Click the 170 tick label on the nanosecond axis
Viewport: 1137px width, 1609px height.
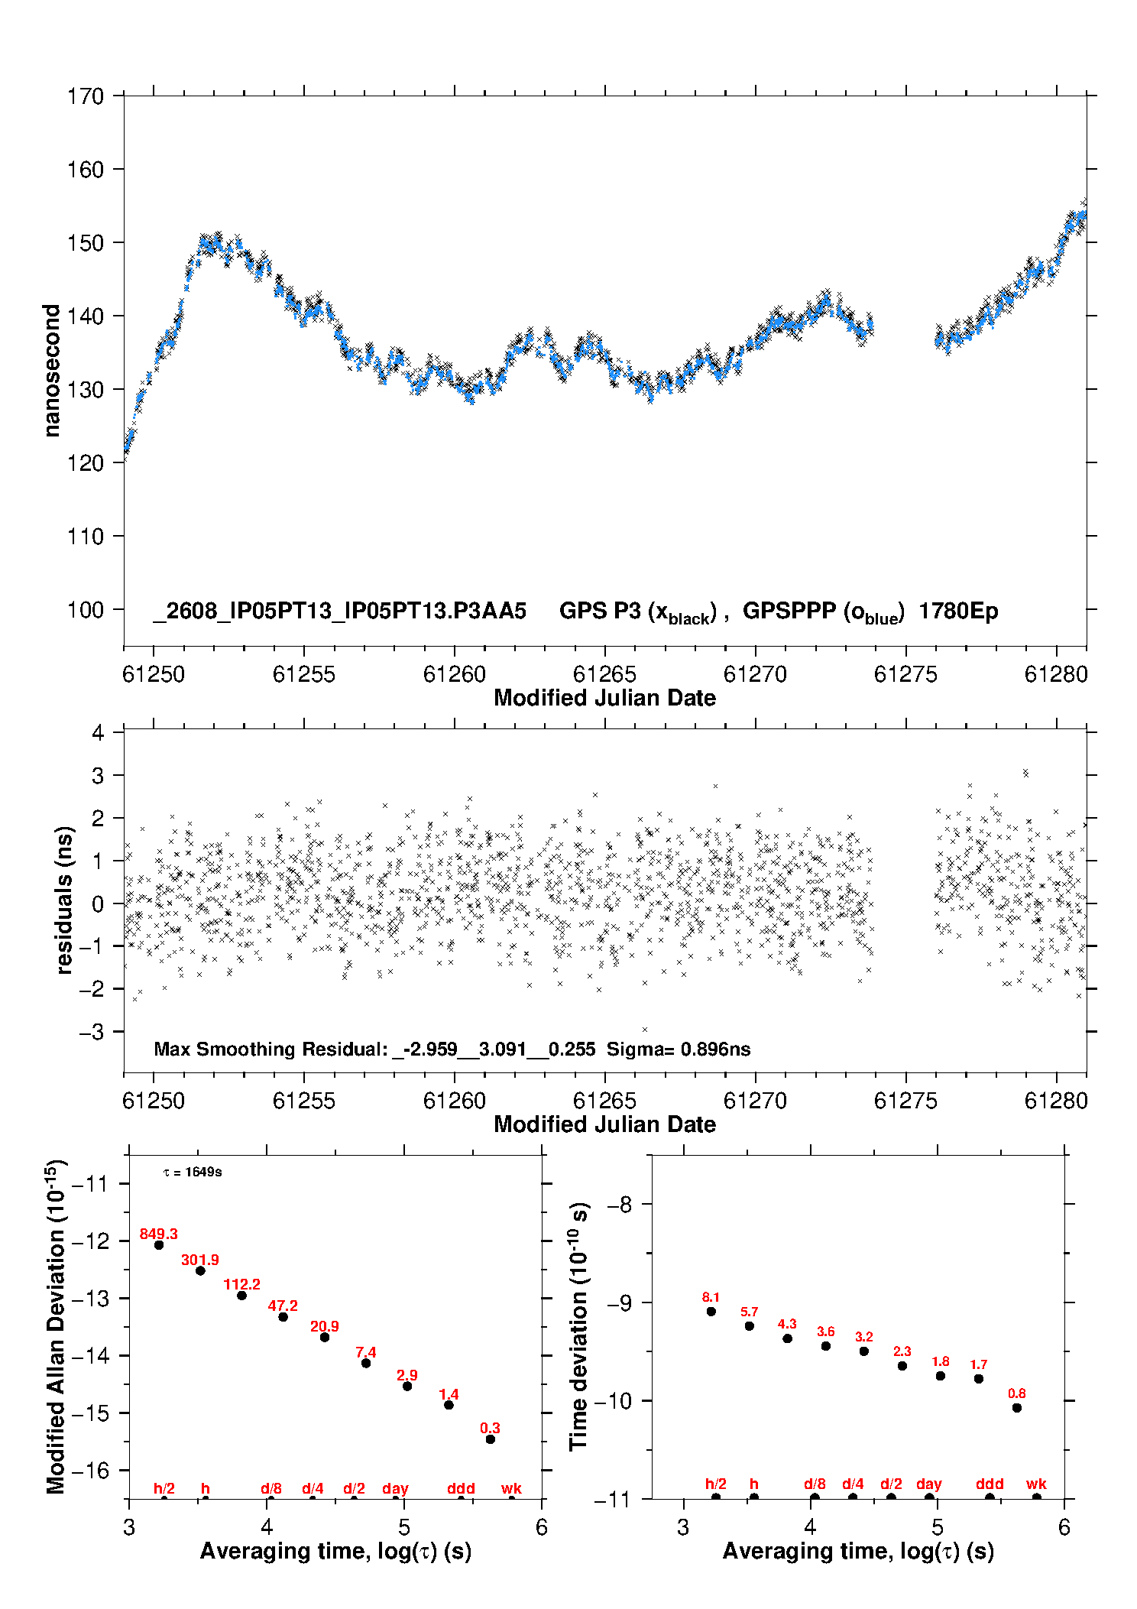(x=85, y=96)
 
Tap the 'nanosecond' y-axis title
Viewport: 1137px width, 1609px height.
(x=51, y=370)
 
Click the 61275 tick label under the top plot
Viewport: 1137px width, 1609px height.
(x=905, y=674)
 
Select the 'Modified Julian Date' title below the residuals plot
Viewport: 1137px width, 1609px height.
(x=604, y=1124)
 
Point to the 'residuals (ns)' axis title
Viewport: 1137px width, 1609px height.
(x=64, y=900)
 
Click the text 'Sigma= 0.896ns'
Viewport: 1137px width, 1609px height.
(x=679, y=1049)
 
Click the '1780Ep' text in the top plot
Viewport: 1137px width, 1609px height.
(x=958, y=611)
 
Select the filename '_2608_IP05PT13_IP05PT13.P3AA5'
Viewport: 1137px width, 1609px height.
(x=340, y=611)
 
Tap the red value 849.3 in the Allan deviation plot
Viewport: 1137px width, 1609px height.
(x=158, y=1234)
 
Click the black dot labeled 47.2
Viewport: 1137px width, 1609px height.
(x=283, y=1316)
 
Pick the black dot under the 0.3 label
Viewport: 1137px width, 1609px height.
(x=490, y=1439)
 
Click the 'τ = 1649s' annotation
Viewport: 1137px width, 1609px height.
(x=193, y=1172)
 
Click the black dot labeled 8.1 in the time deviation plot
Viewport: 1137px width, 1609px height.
(x=711, y=1311)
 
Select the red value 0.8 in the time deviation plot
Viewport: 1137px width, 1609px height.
(x=1016, y=1393)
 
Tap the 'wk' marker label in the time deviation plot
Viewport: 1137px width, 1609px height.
(x=1036, y=1484)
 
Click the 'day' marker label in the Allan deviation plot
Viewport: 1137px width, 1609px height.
(x=395, y=1488)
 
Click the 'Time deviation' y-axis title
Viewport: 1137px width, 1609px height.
(x=578, y=1326)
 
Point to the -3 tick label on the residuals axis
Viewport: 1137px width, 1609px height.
(x=91, y=1032)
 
